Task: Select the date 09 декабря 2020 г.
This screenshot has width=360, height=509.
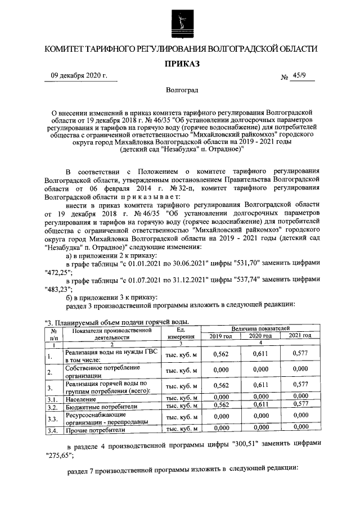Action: (x=78, y=76)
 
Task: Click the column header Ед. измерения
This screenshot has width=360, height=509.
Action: (x=180, y=332)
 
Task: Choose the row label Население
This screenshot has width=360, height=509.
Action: (x=80, y=398)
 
